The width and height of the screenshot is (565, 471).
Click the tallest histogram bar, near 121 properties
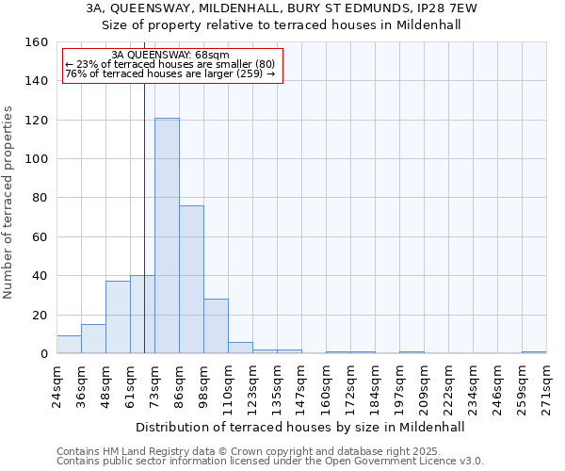tap(167, 235)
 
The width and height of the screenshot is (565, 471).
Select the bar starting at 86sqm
tap(191, 279)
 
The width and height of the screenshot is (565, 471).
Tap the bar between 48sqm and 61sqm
tap(118, 317)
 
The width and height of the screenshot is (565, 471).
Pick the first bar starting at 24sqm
tap(69, 344)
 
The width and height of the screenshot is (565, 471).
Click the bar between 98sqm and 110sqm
tap(216, 326)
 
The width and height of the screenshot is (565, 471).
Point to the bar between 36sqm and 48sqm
tap(93, 338)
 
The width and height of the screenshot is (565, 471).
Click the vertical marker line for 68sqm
tap(144, 188)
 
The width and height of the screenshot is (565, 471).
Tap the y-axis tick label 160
tap(35, 42)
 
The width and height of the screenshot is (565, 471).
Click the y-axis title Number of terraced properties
tap(8, 203)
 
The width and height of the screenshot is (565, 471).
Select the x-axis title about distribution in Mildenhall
tap(300, 427)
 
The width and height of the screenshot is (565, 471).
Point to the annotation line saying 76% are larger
tap(169, 73)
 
